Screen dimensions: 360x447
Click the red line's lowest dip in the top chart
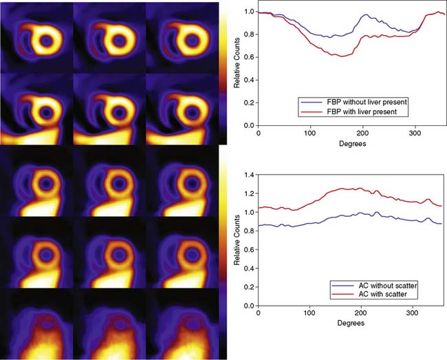341,56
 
